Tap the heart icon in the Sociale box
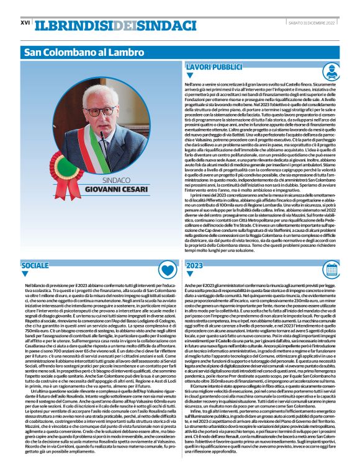pos(166,269)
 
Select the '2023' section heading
pos(194,265)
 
